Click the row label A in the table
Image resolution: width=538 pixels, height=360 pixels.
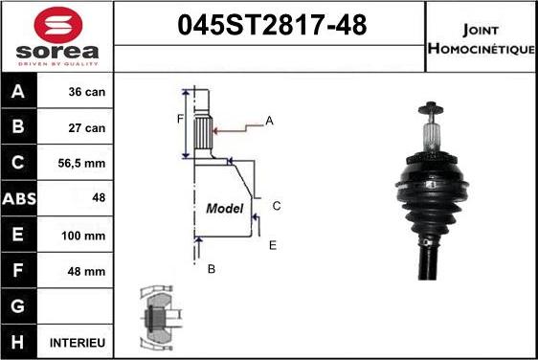tap(19, 93)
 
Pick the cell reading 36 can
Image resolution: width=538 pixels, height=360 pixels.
tap(87, 93)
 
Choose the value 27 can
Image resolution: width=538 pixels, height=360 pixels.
tap(87, 126)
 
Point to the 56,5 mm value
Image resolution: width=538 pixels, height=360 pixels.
tap(87, 163)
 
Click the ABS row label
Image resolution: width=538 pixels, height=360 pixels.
tap(19, 199)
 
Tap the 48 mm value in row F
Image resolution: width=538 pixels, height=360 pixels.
tap(87, 272)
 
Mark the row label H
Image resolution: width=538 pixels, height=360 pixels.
tap(19, 342)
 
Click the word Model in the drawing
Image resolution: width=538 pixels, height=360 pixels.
tap(225, 208)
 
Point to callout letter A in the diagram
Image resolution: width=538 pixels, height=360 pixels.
tap(269, 121)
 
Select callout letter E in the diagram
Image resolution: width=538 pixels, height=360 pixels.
tap(272, 245)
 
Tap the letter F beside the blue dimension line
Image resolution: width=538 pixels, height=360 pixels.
tap(179, 119)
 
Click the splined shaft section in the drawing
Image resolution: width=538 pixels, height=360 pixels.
tap(203, 128)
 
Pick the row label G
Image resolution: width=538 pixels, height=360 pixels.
tap(19, 306)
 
